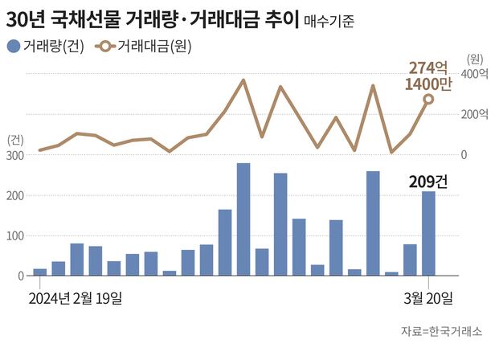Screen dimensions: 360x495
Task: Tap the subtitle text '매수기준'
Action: click(x=332, y=19)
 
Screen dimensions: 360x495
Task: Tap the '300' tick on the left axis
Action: click(x=14, y=155)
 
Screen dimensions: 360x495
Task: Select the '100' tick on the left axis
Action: click(x=14, y=235)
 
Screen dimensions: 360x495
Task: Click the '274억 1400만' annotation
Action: click(x=429, y=76)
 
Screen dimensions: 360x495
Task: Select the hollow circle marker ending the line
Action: click(x=429, y=100)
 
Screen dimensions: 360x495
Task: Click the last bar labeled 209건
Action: click(x=429, y=233)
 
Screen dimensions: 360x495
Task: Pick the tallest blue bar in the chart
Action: click(x=243, y=219)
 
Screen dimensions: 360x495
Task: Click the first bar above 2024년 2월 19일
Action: click(x=39, y=272)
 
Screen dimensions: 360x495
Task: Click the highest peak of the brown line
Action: click(x=243, y=80)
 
